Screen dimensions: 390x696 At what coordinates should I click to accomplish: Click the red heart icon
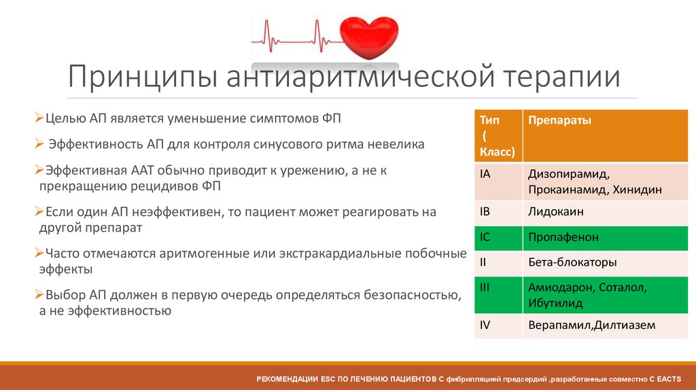pos(370,36)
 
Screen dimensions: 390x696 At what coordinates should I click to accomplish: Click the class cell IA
pos(485,174)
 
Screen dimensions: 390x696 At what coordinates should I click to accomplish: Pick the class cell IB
pos(485,211)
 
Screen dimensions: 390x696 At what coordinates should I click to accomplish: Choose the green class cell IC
pos(485,237)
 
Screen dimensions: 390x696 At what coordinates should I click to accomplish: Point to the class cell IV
pos(485,325)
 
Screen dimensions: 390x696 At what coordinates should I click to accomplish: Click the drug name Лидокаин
pos(555,211)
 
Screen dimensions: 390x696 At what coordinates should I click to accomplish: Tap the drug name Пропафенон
pos(563,237)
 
